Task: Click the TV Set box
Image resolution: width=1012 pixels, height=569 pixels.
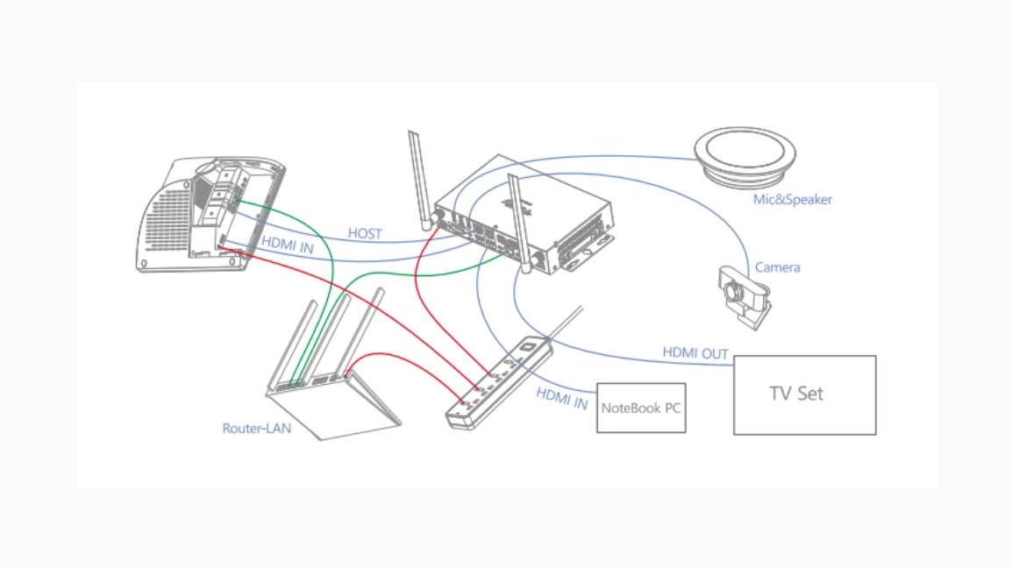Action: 804,395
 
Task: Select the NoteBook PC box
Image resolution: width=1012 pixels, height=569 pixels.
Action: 640,408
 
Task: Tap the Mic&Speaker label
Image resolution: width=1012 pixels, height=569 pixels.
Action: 793,200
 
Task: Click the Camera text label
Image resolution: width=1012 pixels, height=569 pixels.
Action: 778,267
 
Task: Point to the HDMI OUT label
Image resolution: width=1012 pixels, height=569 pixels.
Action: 695,353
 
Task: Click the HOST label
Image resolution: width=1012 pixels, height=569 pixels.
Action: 365,233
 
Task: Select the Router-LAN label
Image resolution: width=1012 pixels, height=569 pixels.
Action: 256,429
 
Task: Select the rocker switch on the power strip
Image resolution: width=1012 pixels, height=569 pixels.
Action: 527,347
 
